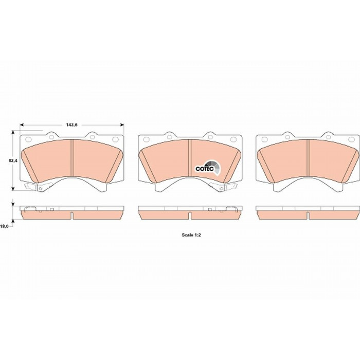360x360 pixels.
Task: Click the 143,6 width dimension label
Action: (72, 125)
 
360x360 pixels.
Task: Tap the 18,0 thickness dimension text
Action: (4, 226)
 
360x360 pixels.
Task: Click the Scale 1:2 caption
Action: (191, 235)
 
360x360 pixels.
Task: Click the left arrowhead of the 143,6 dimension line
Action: (22, 125)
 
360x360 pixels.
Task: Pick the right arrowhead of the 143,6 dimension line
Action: (122, 125)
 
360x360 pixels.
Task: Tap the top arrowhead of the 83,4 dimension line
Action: (13, 133)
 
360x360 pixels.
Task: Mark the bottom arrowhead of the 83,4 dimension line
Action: (13, 188)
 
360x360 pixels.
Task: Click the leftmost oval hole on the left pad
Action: (28, 139)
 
